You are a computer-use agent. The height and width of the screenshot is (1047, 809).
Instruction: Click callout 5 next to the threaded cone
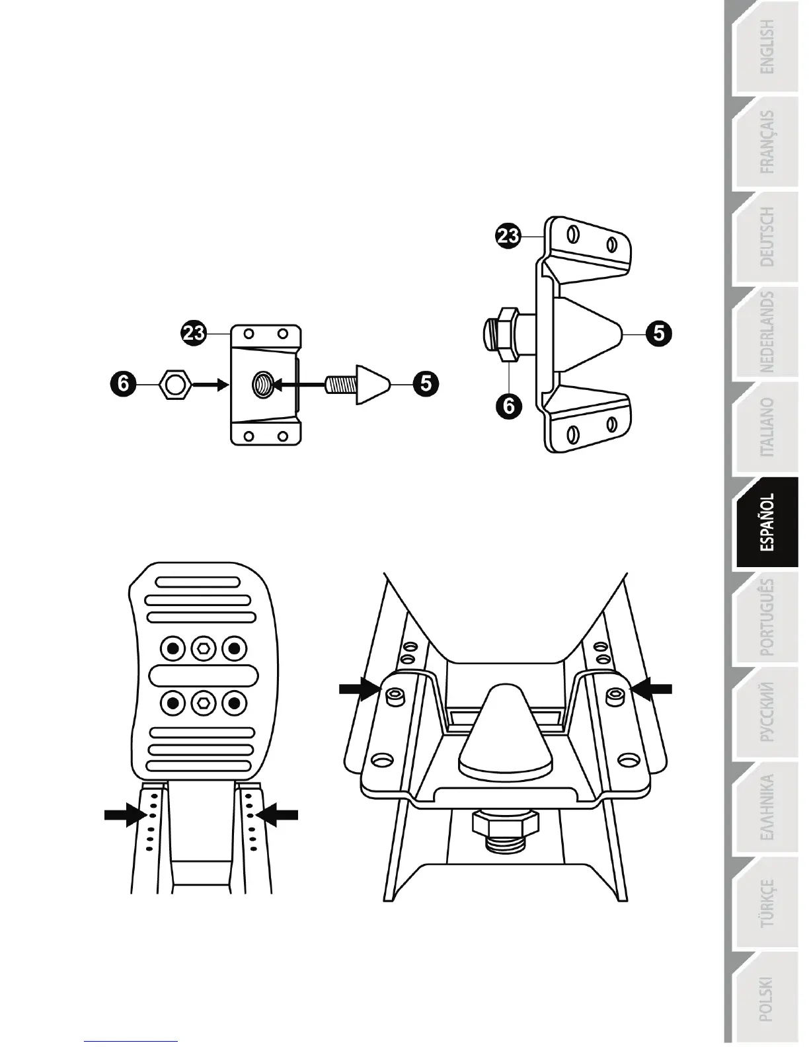426,383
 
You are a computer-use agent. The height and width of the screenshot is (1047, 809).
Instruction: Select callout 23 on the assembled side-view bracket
509,236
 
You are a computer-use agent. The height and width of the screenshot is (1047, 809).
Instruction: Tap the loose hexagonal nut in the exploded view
175,384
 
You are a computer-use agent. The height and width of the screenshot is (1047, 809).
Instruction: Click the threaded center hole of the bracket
263,383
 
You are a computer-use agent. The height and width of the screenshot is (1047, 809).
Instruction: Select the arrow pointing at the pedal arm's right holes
278,815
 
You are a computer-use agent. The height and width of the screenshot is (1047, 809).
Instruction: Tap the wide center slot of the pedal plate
204,676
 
